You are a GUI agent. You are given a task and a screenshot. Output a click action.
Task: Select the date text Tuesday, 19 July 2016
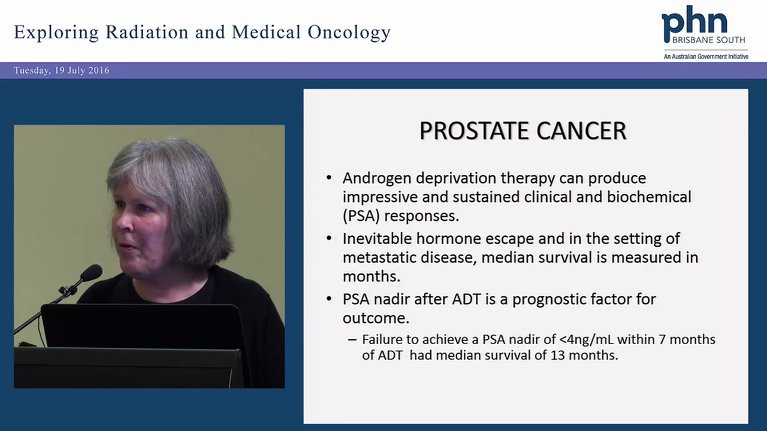[62, 71]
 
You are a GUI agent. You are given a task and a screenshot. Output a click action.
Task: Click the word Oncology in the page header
[349, 32]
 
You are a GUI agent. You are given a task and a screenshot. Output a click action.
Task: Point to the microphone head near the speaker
[91, 274]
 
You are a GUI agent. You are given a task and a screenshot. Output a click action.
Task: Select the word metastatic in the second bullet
[372, 257]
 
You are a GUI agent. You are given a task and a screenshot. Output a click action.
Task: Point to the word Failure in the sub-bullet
[382, 339]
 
